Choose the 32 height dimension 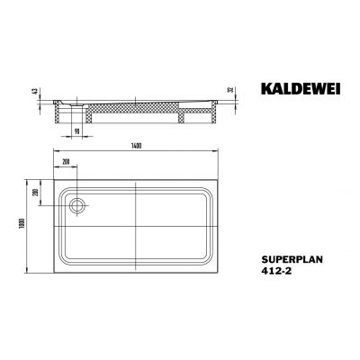pyautogui.click(x=233, y=93)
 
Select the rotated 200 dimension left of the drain pyautogui.click(x=37, y=193)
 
